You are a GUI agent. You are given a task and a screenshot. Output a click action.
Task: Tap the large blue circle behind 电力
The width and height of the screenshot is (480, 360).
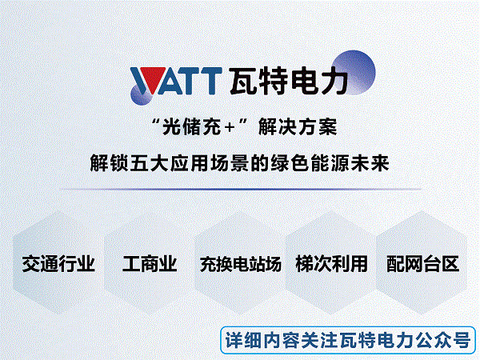pos(354,73)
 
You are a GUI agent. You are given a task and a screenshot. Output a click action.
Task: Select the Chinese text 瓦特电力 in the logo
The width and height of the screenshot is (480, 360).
pos(289,81)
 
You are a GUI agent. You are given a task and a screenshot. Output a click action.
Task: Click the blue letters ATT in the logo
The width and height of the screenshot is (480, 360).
pos(189,81)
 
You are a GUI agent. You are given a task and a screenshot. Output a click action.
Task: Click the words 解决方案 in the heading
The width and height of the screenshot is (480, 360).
pos(298,126)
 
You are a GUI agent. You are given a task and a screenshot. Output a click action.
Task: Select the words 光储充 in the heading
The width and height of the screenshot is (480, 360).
pos(191,126)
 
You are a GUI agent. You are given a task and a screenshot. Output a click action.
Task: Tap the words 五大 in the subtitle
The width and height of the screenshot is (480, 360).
pos(150,163)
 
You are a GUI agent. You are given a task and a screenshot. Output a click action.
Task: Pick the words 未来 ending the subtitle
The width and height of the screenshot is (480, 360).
pos(370,163)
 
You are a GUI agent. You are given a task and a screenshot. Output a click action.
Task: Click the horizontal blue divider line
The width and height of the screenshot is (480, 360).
pos(240,189)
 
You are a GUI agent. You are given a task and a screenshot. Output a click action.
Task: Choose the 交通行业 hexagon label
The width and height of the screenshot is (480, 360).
pos(58,263)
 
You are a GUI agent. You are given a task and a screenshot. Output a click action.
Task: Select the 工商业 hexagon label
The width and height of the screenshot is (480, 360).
pos(150,263)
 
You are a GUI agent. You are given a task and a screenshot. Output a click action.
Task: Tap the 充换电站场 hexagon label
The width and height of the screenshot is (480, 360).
pos(240,264)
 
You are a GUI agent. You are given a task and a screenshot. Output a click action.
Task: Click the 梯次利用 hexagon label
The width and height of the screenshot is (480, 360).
pos(331,263)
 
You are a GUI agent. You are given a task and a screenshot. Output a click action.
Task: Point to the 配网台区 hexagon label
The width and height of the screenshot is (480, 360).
pos(422,263)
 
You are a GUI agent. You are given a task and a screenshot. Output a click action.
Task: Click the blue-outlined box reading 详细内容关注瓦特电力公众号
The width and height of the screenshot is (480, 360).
pos(348,340)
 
